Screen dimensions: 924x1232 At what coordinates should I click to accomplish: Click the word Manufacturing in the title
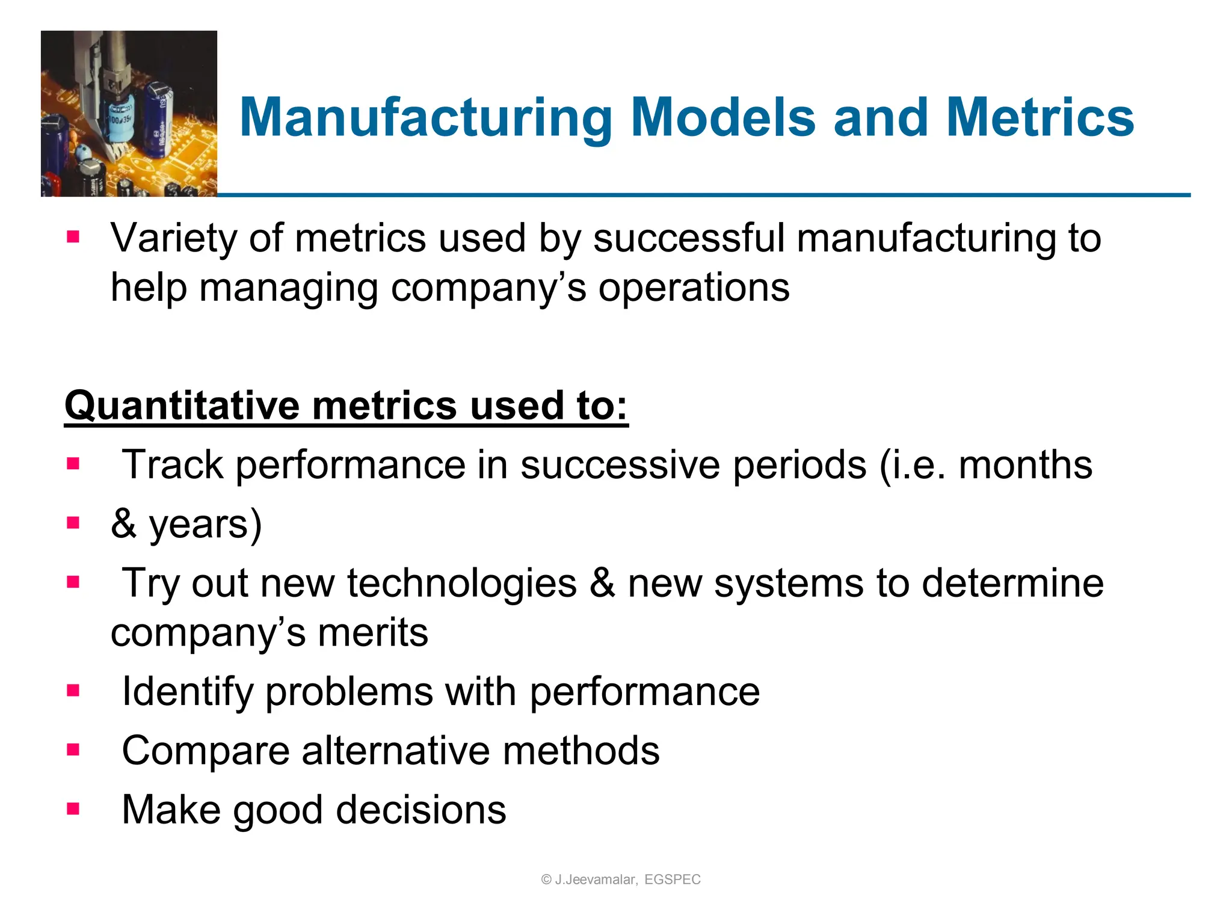425,118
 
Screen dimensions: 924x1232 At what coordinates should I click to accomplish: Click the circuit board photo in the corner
129,114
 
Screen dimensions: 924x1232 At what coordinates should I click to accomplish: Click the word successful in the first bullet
689,238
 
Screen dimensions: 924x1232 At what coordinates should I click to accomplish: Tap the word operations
693,288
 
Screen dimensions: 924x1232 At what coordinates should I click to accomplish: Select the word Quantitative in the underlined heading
182,405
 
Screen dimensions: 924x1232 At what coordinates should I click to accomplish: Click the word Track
172,465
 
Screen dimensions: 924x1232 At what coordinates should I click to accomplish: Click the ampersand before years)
123,524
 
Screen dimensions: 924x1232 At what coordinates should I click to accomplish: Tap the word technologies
462,583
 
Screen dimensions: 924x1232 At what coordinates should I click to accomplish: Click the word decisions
421,810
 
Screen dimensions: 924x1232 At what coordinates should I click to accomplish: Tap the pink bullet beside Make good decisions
73,808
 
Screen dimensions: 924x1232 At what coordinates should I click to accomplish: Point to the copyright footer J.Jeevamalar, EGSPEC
621,879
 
